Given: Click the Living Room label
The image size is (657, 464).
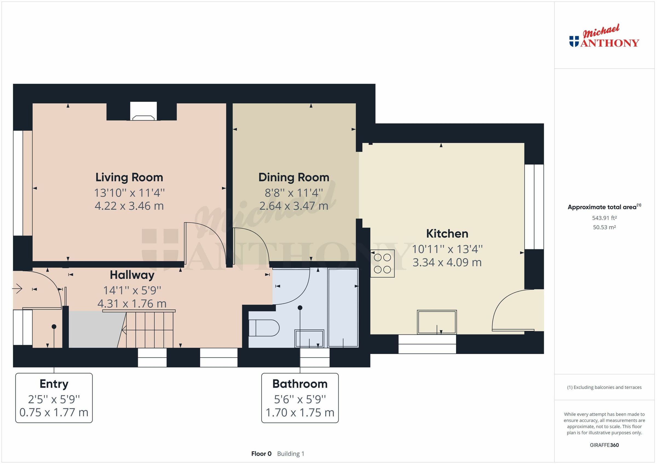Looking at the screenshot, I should (x=129, y=177).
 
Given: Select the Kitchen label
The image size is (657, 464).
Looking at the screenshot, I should (x=447, y=234).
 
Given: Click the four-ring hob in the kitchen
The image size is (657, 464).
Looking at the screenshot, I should (x=382, y=263).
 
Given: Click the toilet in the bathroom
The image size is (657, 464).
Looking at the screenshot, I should (x=263, y=328).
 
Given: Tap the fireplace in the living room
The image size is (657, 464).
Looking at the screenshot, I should (x=143, y=111).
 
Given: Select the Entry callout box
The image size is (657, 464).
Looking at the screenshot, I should (x=54, y=398).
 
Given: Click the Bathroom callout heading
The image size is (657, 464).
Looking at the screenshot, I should (x=299, y=384).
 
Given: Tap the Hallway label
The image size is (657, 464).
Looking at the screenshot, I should (x=132, y=275).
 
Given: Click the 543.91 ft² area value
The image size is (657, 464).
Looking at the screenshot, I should (x=604, y=218).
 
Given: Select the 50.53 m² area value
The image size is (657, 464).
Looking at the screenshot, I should (x=604, y=227).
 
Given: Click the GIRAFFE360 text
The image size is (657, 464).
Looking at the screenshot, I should (x=604, y=445).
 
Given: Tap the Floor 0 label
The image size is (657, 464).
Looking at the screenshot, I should (x=261, y=454).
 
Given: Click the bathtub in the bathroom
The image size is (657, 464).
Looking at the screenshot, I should (x=343, y=308).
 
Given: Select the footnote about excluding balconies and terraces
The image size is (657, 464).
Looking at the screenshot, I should (x=604, y=387).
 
